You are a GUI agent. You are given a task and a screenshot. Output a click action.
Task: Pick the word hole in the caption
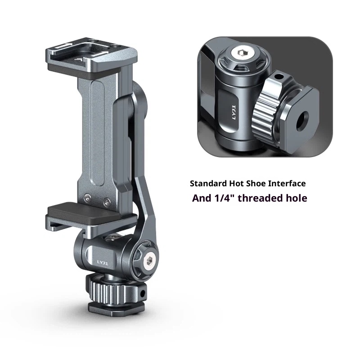[298, 198]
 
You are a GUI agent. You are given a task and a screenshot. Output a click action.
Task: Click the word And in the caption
[201, 198]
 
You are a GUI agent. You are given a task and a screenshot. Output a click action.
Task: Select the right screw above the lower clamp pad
[106, 200]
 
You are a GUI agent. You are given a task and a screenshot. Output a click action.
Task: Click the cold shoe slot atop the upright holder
[90, 53]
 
